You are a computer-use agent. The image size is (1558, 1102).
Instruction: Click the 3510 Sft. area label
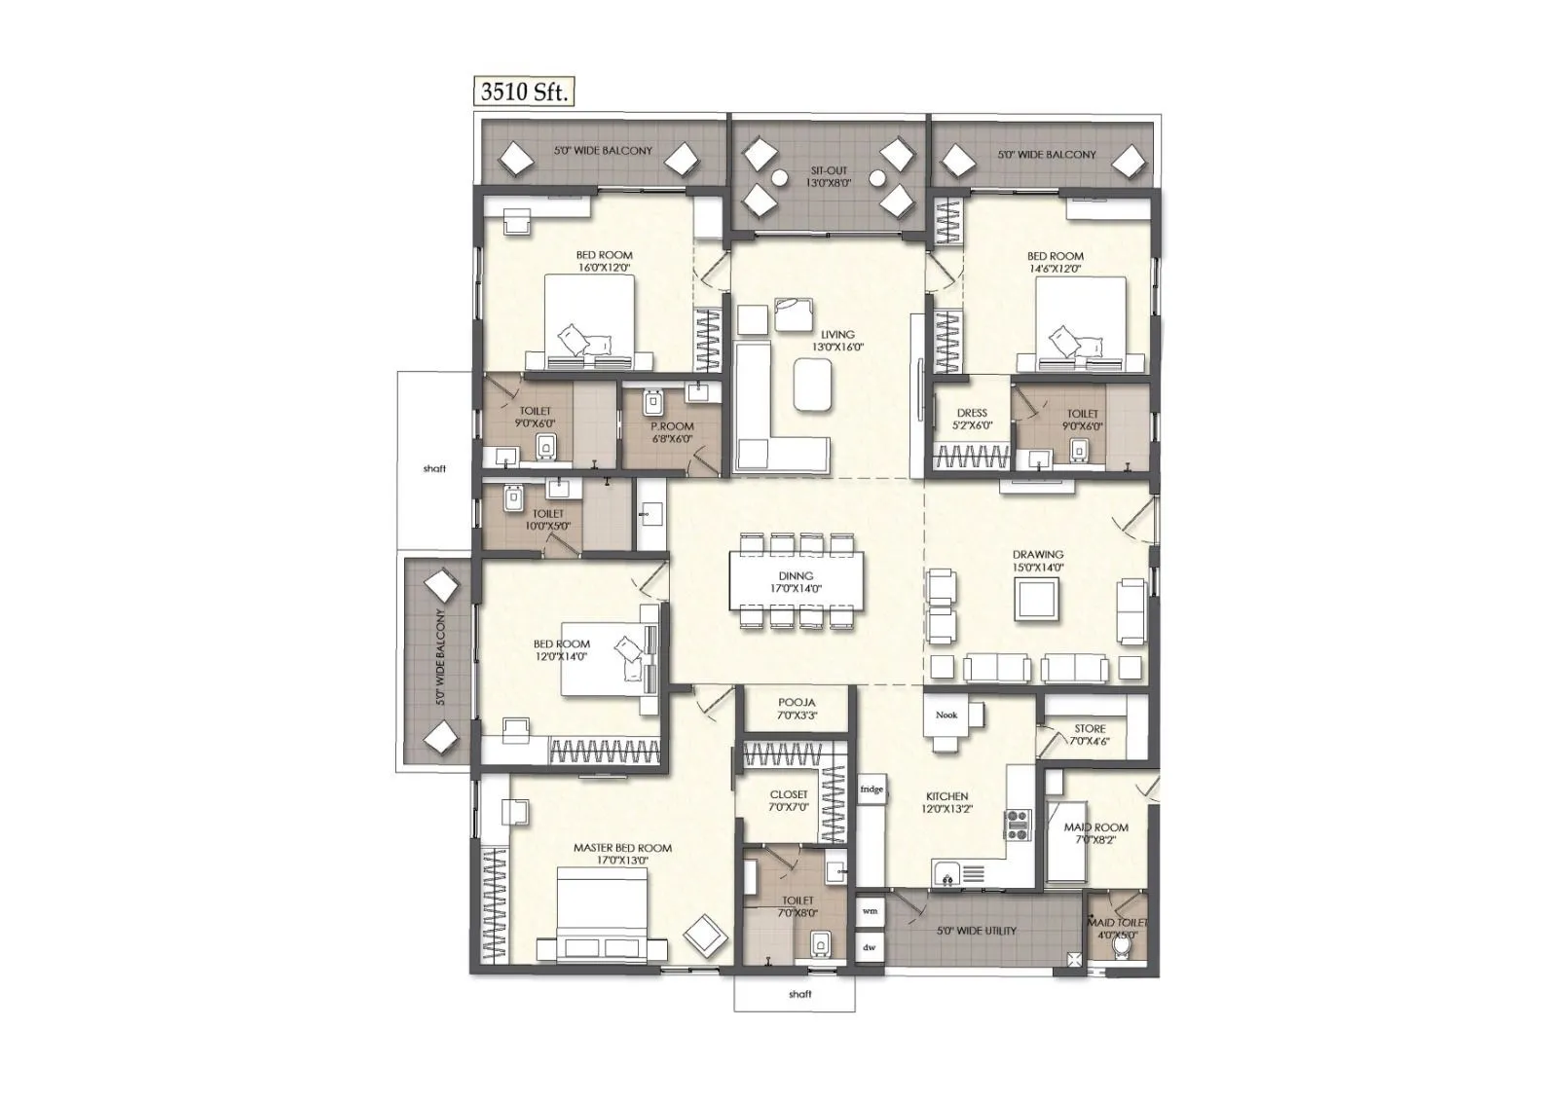(524, 92)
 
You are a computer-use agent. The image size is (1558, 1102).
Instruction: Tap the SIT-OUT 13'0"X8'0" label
(829, 176)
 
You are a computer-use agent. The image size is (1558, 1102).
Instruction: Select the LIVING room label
(836, 340)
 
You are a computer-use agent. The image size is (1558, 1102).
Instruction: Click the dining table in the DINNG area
(796, 582)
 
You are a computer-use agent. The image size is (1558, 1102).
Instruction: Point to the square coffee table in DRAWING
(1036, 599)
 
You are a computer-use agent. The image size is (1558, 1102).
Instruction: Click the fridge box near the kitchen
(872, 789)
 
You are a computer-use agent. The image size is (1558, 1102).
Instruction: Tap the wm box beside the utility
(870, 912)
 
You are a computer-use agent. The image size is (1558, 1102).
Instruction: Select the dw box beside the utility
(870, 946)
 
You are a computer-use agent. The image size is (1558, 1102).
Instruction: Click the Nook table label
(946, 715)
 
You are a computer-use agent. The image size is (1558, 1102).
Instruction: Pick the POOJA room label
(797, 708)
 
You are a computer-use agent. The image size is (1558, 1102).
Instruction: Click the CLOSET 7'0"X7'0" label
(789, 800)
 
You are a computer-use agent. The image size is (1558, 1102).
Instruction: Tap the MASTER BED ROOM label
(622, 854)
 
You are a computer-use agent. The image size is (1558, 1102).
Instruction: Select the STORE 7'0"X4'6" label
(1090, 734)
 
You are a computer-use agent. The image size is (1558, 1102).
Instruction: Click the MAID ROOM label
(1095, 833)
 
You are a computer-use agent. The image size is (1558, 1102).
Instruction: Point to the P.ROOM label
(672, 432)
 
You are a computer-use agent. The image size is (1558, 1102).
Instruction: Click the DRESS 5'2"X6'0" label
(972, 419)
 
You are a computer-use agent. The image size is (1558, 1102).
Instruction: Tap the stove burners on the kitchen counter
(1018, 825)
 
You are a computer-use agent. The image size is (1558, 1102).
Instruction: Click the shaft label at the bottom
(799, 994)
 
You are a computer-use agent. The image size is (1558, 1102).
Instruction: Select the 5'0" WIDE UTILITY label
(976, 931)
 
